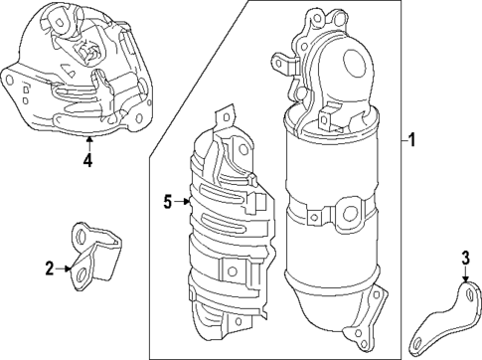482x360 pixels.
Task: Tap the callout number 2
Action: tap(48, 267)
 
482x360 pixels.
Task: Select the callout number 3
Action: tap(465, 263)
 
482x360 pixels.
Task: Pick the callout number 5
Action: tap(169, 202)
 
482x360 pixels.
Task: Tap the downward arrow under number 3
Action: tap(465, 280)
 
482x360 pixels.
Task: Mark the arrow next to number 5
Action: tap(184, 202)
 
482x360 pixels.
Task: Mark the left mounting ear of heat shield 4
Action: tap(12, 84)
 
